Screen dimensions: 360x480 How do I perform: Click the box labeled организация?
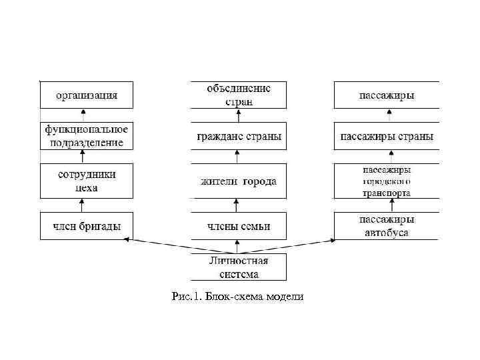pos(87,95)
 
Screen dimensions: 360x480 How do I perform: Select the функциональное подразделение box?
pos(87,135)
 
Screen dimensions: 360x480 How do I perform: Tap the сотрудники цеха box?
pos(87,181)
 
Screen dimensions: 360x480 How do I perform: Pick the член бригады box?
pos(87,226)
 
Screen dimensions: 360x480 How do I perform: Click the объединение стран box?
pos(239,95)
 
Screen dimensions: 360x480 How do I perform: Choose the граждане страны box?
pos(239,136)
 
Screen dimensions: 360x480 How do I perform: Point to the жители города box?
pos(239,181)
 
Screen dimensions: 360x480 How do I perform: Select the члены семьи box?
pos(239,226)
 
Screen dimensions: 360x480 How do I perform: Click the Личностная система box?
pos(239,267)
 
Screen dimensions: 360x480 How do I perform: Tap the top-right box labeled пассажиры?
pos(387,95)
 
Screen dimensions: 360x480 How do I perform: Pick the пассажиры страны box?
pos(387,136)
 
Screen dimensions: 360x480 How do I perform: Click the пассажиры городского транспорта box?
pos(387,181)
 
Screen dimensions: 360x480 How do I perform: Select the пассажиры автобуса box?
pos(387,226)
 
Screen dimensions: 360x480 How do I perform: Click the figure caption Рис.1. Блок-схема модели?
pos(237,296)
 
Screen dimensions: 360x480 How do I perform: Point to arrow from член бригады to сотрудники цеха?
pos(82,205)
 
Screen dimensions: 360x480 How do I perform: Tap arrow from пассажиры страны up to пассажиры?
pos(387,115)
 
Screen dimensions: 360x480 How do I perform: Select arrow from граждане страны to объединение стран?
pos(237,115)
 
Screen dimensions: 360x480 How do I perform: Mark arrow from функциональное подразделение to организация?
pos(83,115)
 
